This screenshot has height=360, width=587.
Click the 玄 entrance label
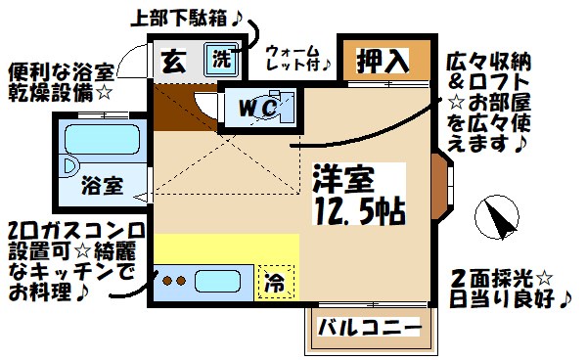click(x=171, y=60)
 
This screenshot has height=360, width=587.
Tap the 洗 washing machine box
click(x=222, y=58)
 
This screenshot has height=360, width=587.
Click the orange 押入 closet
click(x=384, y=61)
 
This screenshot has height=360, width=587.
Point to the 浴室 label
click(x=101, y=183)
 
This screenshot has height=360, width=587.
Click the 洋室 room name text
click(x=344, y=179)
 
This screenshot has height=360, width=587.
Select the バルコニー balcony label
click(x=367, y=326)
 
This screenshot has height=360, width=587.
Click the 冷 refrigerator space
click(x=276, y=284)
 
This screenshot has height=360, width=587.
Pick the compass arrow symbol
click(x=498, y=216)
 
